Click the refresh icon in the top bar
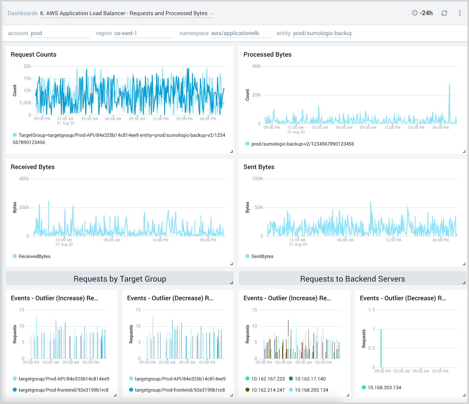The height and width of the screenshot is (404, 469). (x=444, y=13)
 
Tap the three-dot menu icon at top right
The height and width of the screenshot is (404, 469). (x=460, y=13)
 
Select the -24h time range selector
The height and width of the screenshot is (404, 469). (x=422, y=13)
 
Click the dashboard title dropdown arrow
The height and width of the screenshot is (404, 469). (x=212, y=14)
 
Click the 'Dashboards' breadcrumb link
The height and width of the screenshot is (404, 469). (x=23, y=13)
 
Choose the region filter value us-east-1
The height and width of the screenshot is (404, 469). (x=125, y=33)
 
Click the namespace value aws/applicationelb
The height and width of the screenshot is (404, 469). (x=235, y=33)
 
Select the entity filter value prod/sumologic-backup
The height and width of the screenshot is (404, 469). (x=322, y=33)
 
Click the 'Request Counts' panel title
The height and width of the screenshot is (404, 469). (x=33, y=55)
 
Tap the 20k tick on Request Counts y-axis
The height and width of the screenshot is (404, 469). (x=27, y=66)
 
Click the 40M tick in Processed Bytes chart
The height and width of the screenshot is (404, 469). (x=256, y=66)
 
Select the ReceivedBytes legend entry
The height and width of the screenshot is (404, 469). (x=34, y=256)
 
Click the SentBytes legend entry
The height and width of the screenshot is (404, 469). (x=262, y=256)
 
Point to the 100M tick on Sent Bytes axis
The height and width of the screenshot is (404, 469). (x=257, y=179)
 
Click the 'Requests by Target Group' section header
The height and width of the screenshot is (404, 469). (x=120, y=279)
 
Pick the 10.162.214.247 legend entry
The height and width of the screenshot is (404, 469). (x=268, y=390)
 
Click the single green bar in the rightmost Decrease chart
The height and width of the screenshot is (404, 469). (x=381, y=348)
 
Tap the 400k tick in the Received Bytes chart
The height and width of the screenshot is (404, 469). (x=24, y=179)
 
